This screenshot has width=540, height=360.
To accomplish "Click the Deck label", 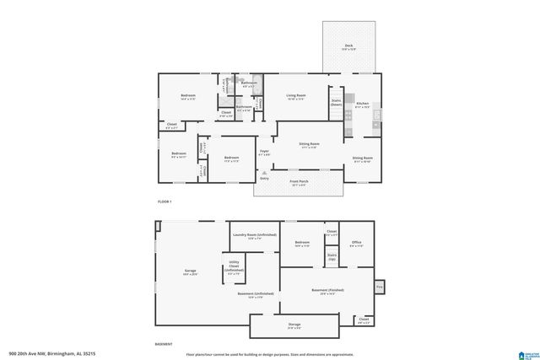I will pos(349,46).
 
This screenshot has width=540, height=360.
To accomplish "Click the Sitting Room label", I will pos(309,144).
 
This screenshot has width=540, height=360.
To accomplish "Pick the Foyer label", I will pos(264,153).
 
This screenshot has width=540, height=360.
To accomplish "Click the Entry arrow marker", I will pos(264,171).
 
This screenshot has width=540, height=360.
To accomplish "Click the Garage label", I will pos(190,271).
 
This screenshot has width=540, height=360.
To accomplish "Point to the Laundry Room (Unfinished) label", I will pos(253,236).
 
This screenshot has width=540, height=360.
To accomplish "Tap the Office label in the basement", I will pos(356,243).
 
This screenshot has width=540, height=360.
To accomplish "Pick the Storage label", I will pos(294,325).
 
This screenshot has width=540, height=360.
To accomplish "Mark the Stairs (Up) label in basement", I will pos(332,255).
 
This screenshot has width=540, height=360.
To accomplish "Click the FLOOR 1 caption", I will pos(165,202).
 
